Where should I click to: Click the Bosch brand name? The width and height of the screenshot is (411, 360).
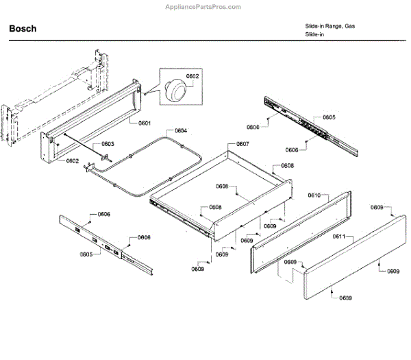point(23,29)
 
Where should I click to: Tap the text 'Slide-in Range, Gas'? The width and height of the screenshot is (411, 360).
point(330,25)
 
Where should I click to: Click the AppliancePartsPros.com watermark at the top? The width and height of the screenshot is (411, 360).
point(204,6)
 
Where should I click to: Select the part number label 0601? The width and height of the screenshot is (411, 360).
point(144,123)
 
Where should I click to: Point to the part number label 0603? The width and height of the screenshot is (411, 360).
point(108,144)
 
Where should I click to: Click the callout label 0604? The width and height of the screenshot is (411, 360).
point(180,130)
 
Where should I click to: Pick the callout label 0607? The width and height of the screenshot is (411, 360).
point(242,144)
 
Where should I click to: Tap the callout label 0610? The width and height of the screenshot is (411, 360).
point(314,195)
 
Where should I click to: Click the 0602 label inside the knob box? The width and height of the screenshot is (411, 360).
point(192,77)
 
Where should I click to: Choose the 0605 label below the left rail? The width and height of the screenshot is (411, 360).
point(86,254)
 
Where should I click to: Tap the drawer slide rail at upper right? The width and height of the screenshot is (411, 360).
point(312,123)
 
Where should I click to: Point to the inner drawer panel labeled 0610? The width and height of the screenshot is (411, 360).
point(301,226)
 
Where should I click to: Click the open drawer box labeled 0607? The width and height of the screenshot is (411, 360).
point(219,195)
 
